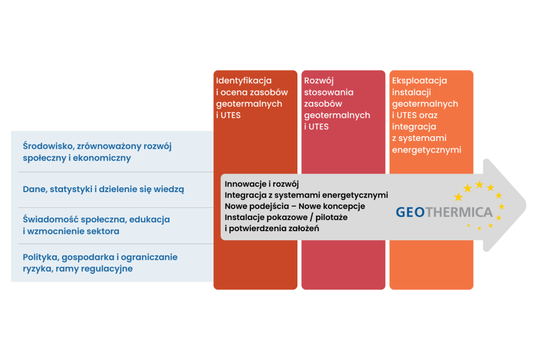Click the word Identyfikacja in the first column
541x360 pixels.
(244, 81)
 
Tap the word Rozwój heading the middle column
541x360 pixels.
(319, 81)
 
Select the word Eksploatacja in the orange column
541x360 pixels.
(419, 81)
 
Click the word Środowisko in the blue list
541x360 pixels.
(48, 146)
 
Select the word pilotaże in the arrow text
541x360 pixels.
(331, 217)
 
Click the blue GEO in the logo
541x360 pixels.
(410, 212)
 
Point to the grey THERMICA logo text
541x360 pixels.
(459, 212)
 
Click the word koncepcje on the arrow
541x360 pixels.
(344, 206)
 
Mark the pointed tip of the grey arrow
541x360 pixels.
(526, 205)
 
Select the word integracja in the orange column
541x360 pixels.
(414, 127)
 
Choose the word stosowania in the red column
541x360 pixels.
(329, 92)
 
